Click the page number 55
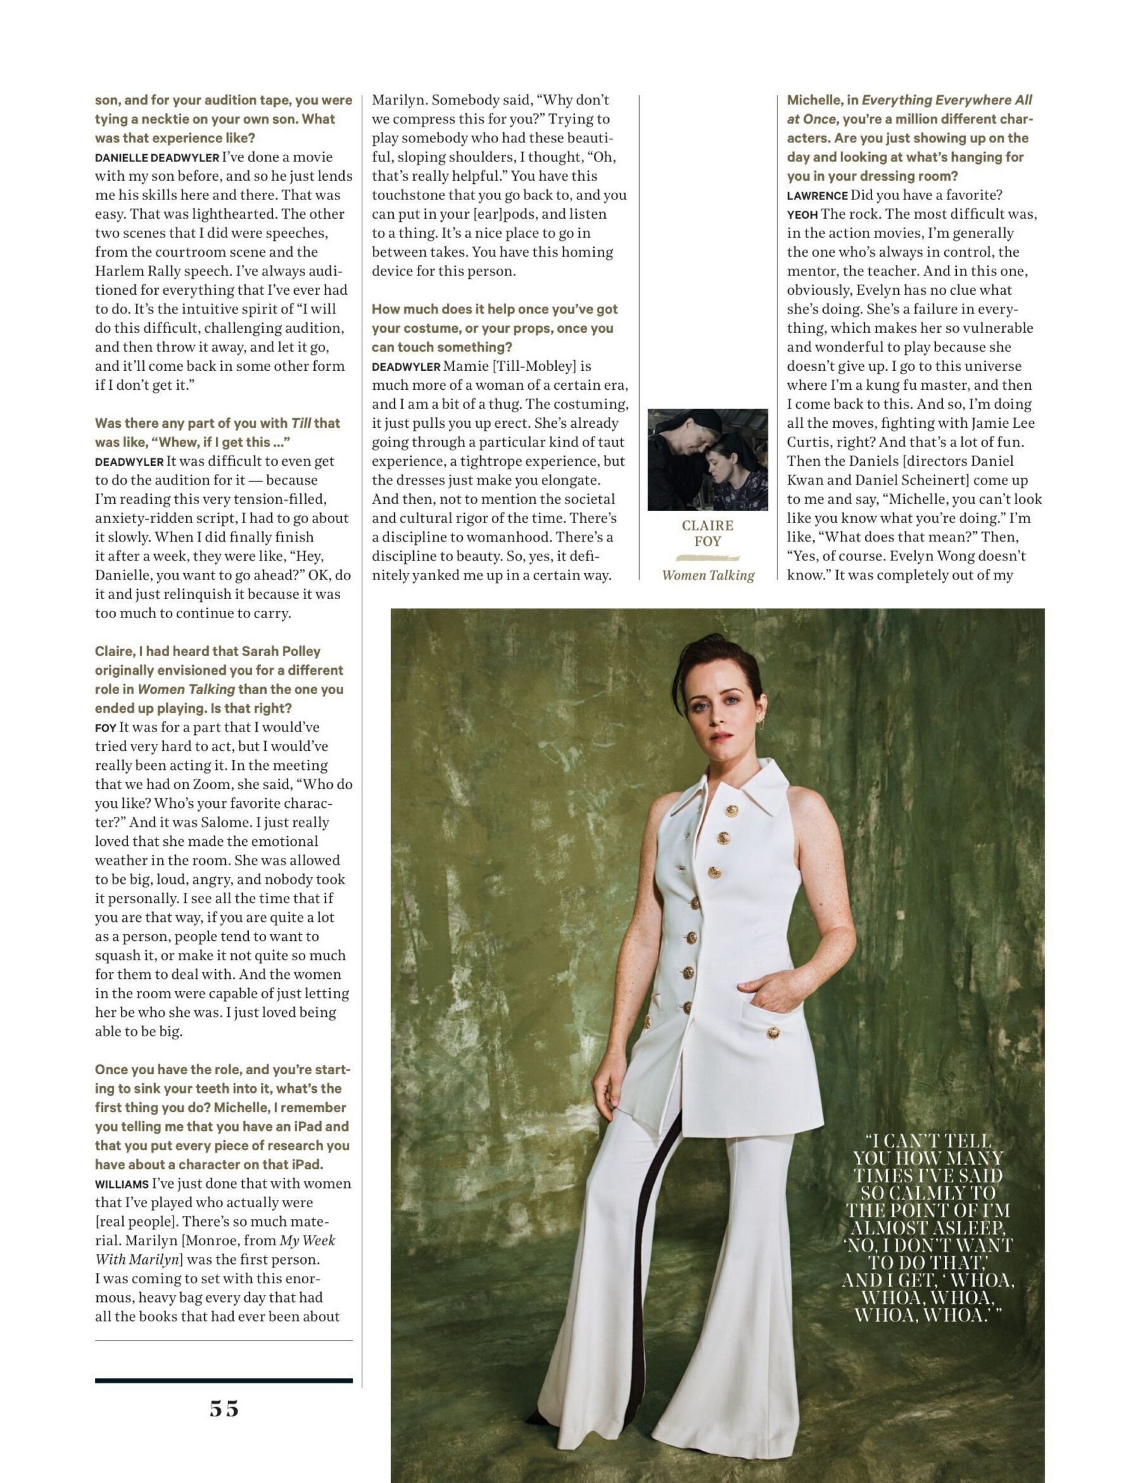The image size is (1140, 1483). pyautogui.click(x=224, y=1409)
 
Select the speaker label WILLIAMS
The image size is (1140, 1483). pyautogui.click(x=122, y=1183)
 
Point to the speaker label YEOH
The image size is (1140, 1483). pyautogui.click(x=801, y=215)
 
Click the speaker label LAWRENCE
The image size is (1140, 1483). pyautogui.click(x=817, y=196)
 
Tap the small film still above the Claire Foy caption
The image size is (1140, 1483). pyautogui.click(x=707, y=459)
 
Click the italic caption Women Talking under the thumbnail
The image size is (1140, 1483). pyautogui.click(x=708, y=575)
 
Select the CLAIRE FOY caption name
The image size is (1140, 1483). pyautogui.click(x=707, y=533)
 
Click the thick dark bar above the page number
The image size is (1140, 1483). pyautogui.click(x=224, y=1380)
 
